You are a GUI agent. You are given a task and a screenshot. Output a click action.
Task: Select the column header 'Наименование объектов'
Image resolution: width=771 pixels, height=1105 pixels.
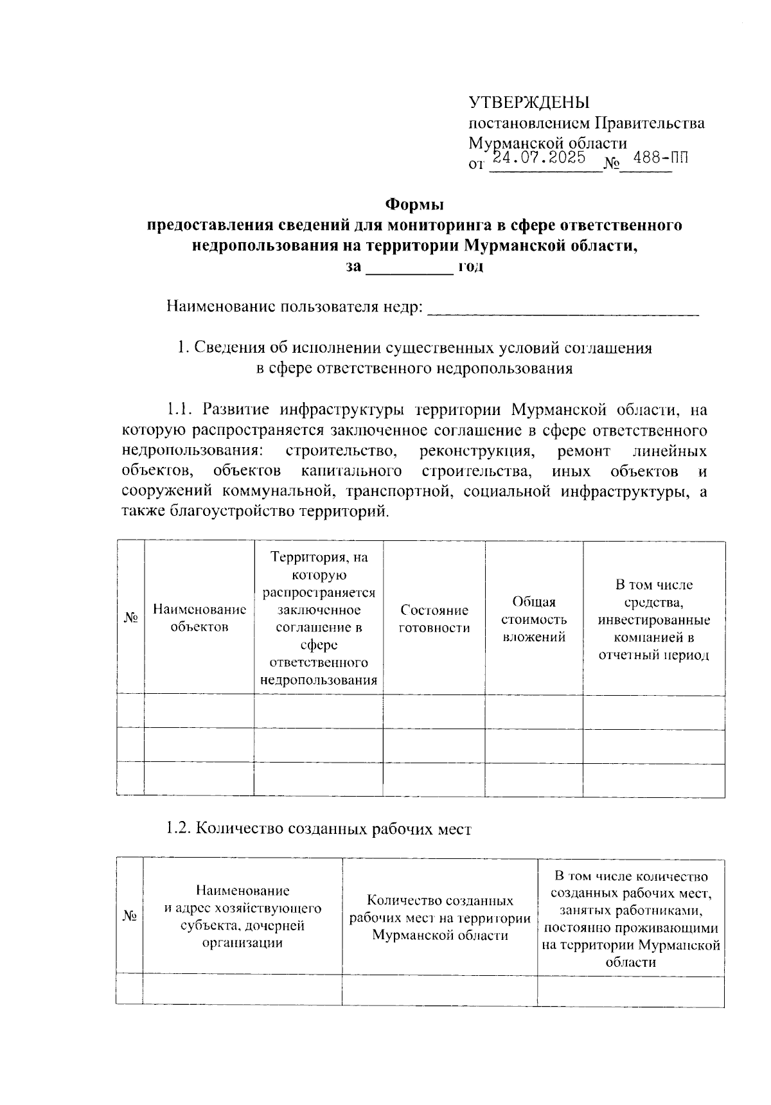[199, 618]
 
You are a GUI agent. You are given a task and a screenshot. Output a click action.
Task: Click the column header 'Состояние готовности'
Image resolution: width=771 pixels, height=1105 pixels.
[434, 619]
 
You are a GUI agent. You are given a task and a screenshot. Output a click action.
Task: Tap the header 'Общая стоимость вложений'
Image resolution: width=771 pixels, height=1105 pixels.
[534, 619]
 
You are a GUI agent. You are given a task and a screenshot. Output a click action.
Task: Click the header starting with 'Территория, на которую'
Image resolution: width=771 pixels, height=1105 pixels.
[319, 618]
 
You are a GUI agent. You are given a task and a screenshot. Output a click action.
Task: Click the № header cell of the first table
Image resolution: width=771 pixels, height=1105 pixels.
[131, 618]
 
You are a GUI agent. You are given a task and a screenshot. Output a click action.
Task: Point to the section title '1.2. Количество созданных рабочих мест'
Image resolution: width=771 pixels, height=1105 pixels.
[319, 829]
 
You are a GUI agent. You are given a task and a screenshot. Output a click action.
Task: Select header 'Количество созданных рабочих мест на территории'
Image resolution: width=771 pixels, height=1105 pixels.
[440, 917]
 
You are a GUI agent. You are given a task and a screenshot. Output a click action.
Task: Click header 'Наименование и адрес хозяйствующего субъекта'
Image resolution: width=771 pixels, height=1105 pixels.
[242, 917]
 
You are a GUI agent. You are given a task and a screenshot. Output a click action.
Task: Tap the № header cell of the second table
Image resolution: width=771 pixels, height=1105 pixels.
[130, 917]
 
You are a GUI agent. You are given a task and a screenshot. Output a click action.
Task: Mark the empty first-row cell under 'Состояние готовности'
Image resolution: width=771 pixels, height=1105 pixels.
[434, 712]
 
